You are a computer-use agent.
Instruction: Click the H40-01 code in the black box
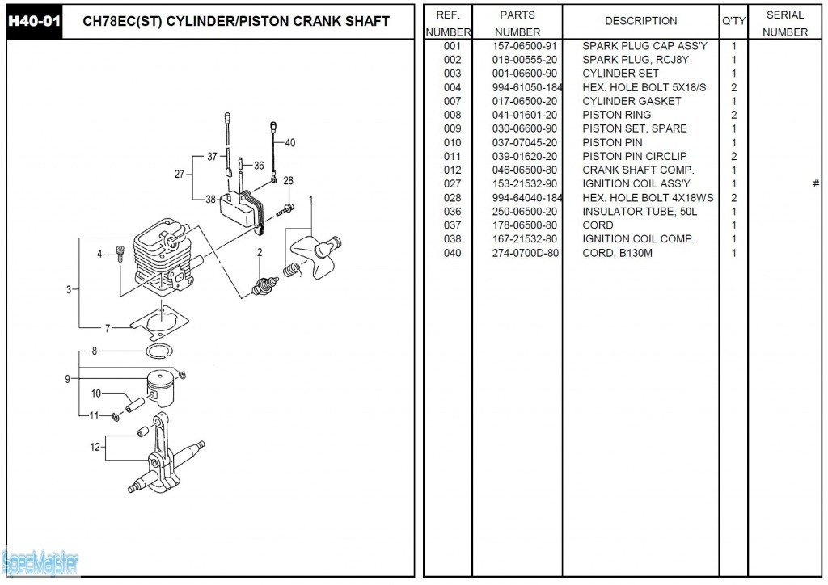click(x=34, y=22)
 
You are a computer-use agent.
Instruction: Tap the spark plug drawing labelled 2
click(x=264, y=285)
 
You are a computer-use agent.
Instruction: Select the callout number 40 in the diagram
click(x=290, y=142)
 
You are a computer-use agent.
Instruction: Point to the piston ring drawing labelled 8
click(x=160, y=351)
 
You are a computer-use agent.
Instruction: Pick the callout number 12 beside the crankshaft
click(x=95, y=448)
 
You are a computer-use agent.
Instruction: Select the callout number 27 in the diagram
click(x=180, y=174)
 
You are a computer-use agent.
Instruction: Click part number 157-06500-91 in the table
click(x=524, y=46)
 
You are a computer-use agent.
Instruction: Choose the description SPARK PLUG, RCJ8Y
click(x=636, y=60)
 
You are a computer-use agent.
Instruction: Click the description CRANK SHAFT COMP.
click(x=638, y=170)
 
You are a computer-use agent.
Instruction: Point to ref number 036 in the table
click(x=452, y=212)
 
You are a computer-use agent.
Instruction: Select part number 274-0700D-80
click(x=525, y=253)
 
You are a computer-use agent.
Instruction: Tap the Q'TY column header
click(x=733, y=21)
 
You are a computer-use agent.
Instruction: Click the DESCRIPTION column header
click(x=640, y=21)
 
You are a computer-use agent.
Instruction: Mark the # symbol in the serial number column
click(x=816, y=183)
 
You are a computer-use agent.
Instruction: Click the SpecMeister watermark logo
click(x=40, y=563)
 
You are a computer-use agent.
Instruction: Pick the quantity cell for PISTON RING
click(x=733, y=115)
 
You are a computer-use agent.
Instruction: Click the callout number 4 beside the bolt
click(x=99, y=255)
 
